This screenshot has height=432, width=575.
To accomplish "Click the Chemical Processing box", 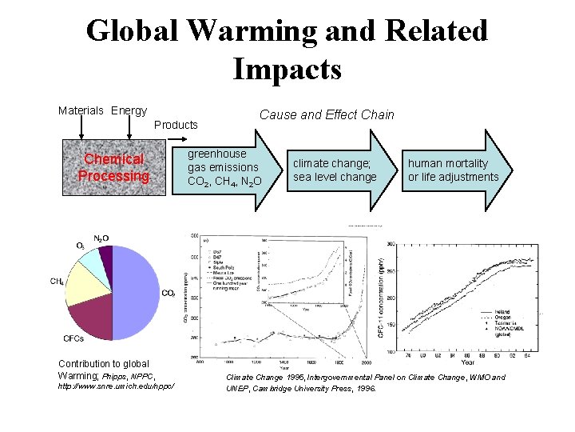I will [114, 169].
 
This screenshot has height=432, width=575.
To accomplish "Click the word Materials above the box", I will [82, 110].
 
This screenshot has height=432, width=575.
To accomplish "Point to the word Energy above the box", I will [129, 110].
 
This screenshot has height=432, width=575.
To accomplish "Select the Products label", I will [176, 125].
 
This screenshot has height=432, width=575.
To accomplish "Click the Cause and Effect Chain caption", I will [327, 114].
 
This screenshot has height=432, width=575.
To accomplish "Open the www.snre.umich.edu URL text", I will [116, 387].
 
